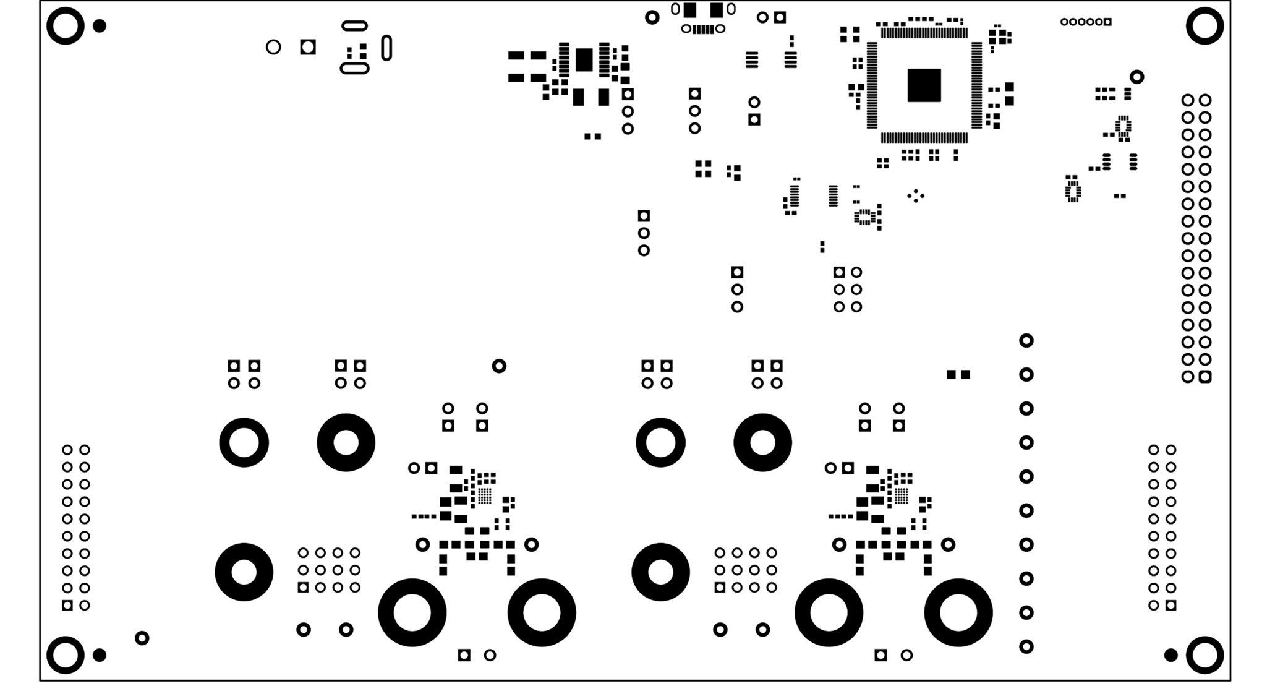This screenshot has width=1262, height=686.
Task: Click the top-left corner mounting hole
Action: point(65,26)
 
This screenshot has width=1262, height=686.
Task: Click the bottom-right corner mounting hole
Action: point(1204,654)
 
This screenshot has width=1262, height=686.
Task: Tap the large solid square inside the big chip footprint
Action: point(924,85)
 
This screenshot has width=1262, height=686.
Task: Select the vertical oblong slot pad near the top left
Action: point(386,48)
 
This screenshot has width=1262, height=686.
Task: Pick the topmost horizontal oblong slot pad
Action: point(355,25)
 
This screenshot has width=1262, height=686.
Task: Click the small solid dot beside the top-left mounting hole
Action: point(99,26)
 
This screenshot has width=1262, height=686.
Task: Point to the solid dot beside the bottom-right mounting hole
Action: point(1170,654)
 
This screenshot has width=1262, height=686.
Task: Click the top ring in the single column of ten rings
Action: point(1026,340)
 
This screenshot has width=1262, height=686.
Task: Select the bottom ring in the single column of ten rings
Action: point(1026,646)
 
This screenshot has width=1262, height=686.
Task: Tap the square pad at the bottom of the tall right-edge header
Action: point(1204,377)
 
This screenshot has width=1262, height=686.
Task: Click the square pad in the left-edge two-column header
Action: point(67,605)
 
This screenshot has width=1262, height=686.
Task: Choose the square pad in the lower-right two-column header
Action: point(1170,605)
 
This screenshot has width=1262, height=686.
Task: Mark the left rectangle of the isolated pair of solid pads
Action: point(951,374)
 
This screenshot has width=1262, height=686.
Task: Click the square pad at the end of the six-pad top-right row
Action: point(1107,22)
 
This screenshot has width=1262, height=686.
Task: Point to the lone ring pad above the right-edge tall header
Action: point(1136,77)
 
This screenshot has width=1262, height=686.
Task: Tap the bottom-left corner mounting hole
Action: point(65,654)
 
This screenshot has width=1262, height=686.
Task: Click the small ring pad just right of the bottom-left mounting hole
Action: point(142,638)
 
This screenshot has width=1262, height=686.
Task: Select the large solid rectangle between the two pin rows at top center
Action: point(584,60)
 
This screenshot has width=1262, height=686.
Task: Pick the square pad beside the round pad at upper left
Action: point(308,47)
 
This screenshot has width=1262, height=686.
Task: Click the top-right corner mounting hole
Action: point(1204,26)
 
